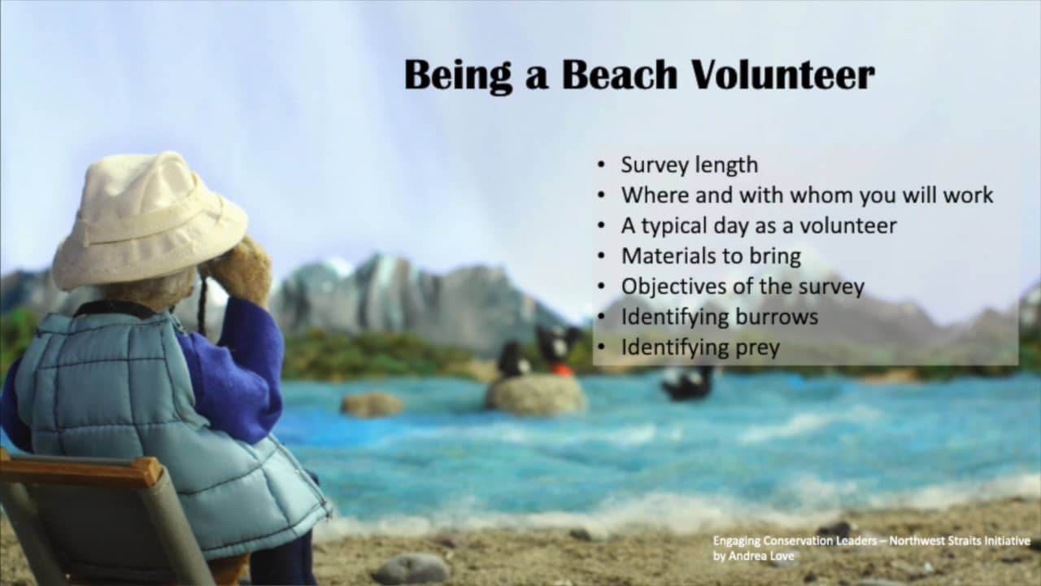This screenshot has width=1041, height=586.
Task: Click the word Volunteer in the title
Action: point(783,75)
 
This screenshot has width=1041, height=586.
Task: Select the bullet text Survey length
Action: point(690,165)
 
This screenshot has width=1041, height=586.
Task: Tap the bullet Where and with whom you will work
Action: point(808,195)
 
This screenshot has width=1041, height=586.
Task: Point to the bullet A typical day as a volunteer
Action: point(759,226)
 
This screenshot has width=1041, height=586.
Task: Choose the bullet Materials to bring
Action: point(711,256)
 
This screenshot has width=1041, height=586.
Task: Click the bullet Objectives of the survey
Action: point(743,286)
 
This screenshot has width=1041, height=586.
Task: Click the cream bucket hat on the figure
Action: point(150,220)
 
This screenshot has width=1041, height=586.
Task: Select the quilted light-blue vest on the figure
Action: point(154,418)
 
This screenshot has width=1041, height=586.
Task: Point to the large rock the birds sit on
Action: point(535,395)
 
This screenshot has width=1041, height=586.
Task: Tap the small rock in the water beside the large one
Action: point(372,405)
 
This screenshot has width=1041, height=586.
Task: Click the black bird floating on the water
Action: point(687,383)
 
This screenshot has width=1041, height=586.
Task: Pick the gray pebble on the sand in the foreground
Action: point(412,568)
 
